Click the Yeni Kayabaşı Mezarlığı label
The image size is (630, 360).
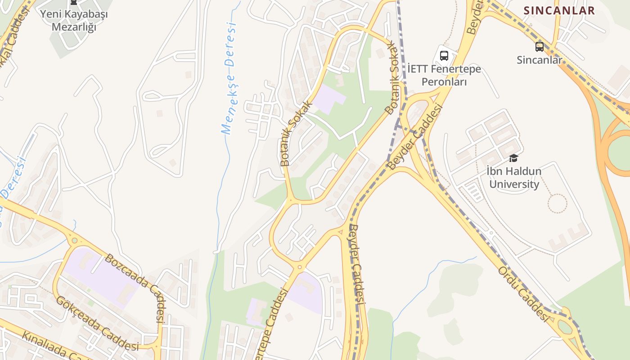tap(74, 20)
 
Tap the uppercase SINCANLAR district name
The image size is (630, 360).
tap(559, 10)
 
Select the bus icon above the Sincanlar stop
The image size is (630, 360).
tap(539, 46)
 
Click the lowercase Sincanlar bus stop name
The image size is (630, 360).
tap(539, 60)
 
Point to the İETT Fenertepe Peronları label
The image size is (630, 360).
tap(444, 75)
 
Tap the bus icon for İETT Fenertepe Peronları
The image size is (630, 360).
tap(444, 56)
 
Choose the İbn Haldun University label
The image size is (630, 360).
tap(514, 178)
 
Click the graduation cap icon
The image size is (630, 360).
tap(513, 158)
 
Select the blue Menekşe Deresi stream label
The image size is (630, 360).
tap(229, 79)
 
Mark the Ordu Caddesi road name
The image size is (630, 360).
tap(524, 294)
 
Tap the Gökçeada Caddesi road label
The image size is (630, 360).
tap(97, 323)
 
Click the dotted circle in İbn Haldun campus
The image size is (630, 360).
tap(557, 203)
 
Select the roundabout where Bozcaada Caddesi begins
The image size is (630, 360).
tap(75, 241)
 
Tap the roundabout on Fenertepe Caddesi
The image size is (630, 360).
tap(300, 267)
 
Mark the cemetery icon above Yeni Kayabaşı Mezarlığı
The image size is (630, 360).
tap(74, 2)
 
